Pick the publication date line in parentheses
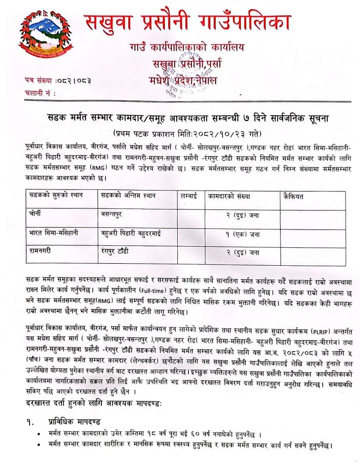coord(180,132)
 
